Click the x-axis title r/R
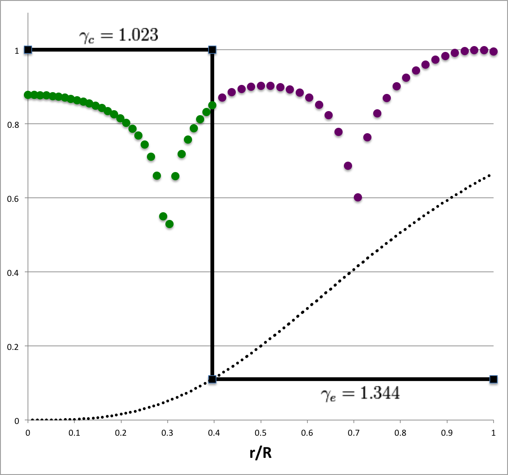tap(261, 453)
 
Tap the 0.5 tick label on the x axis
tap(261, 432)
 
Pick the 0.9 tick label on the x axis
tap(447, 432)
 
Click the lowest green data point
tap(169, 224)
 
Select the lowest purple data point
tap(358, 197)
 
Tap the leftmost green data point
tap(28, 95)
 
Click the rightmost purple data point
tap(494, 51)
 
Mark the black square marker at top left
tap(28, 50)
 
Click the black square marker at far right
tap(494, 379)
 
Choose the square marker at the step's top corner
tap(212, 50)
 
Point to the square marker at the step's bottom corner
tap(212, 379)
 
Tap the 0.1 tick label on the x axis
tap(74, 432)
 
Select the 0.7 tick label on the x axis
tap(354, 432)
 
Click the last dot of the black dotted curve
tap(489, 175)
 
